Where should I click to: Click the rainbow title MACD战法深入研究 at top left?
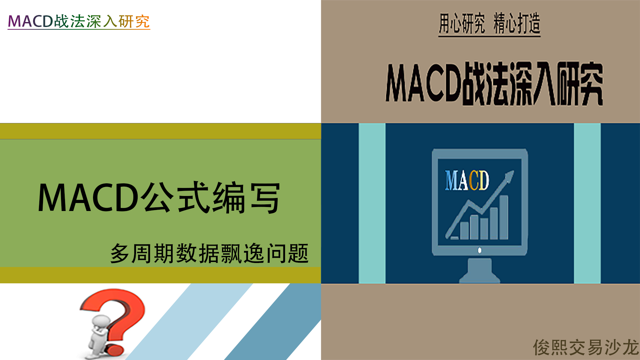tap(79, 21)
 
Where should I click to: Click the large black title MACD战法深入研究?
tap(494, 83)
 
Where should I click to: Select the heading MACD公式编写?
tap(159, 198)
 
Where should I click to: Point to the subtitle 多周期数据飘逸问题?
tap(209, 253)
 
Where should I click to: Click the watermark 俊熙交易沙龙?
tap(586, 347)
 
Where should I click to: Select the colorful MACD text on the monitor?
tap(467, 180)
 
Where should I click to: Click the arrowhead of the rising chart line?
tap(509, 176)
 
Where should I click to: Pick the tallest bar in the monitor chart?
tap(504, 217)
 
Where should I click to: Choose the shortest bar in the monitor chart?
tap(464, 230)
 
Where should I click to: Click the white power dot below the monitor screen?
tap(480, 250)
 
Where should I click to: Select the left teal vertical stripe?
tap(372, 203)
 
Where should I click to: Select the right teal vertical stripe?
tap(587, 203)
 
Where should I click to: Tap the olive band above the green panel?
tap(160, 131)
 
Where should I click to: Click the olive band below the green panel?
tap(160, 275)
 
